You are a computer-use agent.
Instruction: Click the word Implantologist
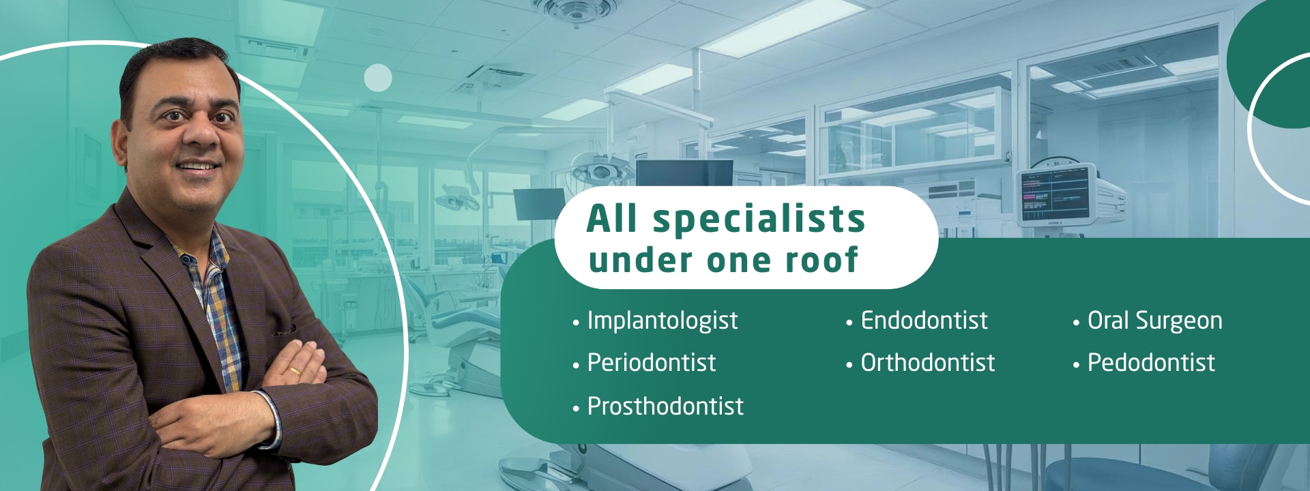[663, 321]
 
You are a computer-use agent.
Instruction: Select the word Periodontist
[652, 362]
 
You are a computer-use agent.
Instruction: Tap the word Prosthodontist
[665, 406]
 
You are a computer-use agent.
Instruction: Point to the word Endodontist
[924, 320]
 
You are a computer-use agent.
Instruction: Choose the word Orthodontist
[928, 362]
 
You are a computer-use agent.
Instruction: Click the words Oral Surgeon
[1154, 321]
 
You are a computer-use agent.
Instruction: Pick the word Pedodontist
[1151, 362]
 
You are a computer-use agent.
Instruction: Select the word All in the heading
[612, 219]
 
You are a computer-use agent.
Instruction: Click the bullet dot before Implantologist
[576, 322]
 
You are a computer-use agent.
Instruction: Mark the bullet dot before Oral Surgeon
[1076, 322]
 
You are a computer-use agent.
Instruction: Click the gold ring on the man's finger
[294, 372]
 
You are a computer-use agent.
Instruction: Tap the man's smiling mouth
[198, 166]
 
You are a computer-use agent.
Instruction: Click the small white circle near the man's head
[378, 78]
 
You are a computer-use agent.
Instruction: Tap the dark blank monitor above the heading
[684, 173]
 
